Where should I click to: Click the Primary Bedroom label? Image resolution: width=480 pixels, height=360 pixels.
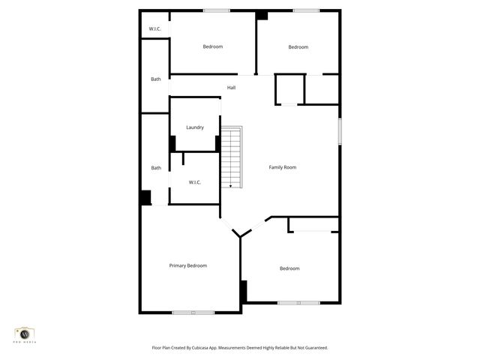tap(187, 265)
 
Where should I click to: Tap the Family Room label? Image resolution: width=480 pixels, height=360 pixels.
tap(283, 167)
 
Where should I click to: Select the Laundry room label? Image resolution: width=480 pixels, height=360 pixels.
tap(195, 127)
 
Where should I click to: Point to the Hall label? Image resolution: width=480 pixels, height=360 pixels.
tap(232, 88)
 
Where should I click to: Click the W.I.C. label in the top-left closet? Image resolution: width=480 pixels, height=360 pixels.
tap(155, 28)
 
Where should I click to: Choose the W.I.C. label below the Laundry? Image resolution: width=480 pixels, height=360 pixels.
tap(195, 182)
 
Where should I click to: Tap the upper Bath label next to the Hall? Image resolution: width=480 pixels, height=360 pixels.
tap(156, 79)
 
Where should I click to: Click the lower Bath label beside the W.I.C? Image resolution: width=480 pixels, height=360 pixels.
tap(156, 168)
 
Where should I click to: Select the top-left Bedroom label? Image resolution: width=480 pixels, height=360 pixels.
tap(213, 46)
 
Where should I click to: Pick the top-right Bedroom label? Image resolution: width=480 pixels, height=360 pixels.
tap(298, 47)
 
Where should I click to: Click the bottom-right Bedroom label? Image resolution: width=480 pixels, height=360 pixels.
tap(289, 268)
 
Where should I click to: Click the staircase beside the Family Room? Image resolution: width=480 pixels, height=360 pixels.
tap(232, 156)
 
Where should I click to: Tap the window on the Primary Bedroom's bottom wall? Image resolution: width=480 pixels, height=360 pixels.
tap(193, 312)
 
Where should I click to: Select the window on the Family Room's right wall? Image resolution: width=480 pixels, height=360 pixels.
tap(340, 130)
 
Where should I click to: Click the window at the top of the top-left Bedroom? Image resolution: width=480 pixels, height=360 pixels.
tap(217, 10)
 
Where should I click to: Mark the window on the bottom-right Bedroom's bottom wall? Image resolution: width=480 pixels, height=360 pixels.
tap(298, 303)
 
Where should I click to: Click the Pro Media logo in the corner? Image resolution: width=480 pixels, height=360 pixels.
tap(26, 334)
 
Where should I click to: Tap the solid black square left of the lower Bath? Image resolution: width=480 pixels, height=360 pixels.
tap(145, 197)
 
